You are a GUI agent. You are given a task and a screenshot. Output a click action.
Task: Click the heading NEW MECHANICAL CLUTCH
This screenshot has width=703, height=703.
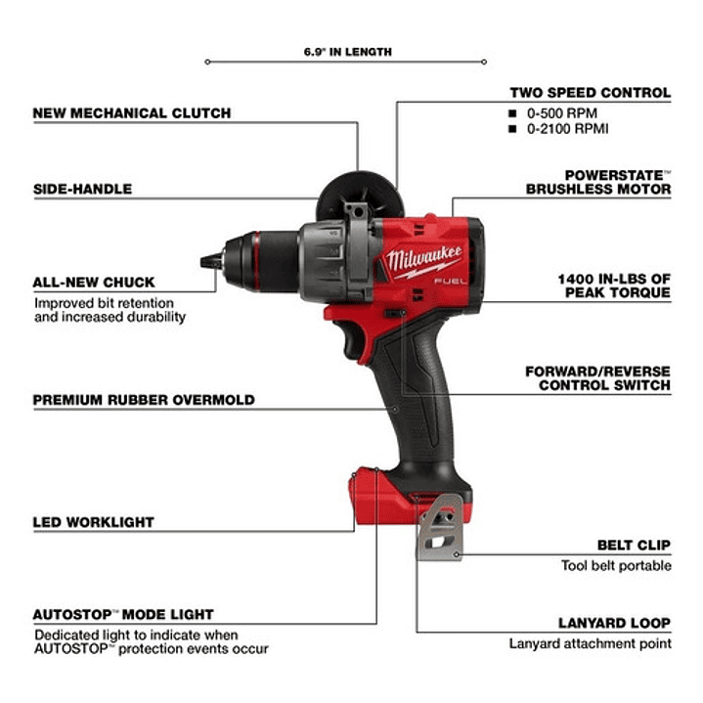[132, 112]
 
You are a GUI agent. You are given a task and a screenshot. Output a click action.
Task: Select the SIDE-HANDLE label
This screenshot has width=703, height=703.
[82, 188]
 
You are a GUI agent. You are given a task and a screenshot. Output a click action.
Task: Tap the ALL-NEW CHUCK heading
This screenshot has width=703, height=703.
[94, 283]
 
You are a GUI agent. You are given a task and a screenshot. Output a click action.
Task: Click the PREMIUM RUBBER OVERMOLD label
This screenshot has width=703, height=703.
[144, 400]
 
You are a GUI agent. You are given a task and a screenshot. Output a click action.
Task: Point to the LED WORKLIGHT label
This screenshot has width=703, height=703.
[94, 522]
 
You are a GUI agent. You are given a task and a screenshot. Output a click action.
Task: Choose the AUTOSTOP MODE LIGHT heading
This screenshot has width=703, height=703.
[123, 615]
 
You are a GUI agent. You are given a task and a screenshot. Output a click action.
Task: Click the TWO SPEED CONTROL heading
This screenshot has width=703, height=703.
[590, 93]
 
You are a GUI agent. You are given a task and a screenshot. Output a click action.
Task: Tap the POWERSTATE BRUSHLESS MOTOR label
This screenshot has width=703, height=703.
[598, 180]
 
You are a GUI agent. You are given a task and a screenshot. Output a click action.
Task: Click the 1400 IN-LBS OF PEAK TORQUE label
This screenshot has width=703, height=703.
[614, 286]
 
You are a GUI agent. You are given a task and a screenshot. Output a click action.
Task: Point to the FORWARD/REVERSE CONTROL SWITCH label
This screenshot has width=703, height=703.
[597, 378]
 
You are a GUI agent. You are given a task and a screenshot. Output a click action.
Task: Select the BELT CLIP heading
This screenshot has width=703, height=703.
[634, 545]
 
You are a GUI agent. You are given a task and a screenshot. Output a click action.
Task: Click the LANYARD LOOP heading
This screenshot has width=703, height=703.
[614, 623]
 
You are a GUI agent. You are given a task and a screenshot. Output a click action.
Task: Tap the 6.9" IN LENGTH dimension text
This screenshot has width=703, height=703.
[347, 52]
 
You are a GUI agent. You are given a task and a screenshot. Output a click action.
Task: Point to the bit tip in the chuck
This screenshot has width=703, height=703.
[207, 262]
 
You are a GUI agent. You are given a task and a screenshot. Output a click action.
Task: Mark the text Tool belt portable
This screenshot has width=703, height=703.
[616, 565]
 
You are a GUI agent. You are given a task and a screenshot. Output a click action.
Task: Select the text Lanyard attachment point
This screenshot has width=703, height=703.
[590, 643]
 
